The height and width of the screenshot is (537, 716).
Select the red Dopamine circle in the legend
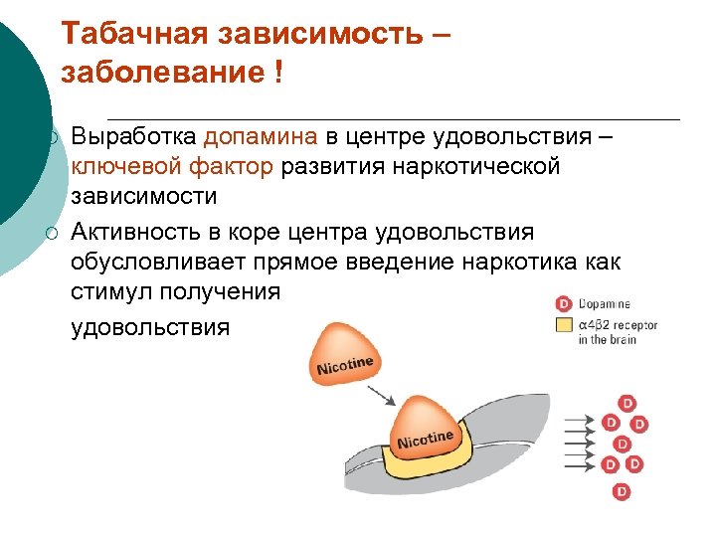[564, 303]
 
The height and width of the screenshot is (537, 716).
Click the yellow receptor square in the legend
[564, 324]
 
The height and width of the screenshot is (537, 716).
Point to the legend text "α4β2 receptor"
[618, 324]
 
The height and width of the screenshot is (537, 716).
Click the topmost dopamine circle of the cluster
[626, 403]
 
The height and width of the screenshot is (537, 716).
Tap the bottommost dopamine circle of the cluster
[622, 491]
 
